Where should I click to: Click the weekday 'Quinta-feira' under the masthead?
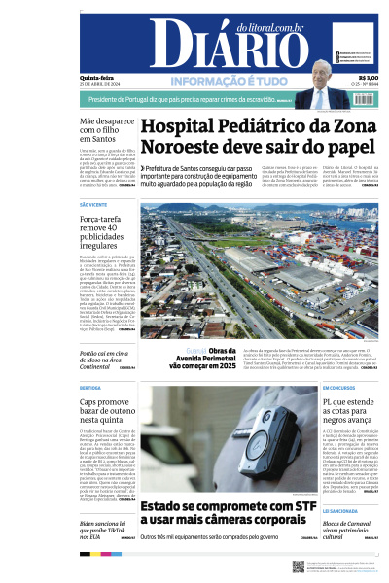click(x=95, y=78)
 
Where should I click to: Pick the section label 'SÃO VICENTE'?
click(x=93, y=205)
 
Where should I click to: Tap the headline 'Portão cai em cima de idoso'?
click(x=107, y=352)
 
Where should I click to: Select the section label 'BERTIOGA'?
click(x=90, y=387)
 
